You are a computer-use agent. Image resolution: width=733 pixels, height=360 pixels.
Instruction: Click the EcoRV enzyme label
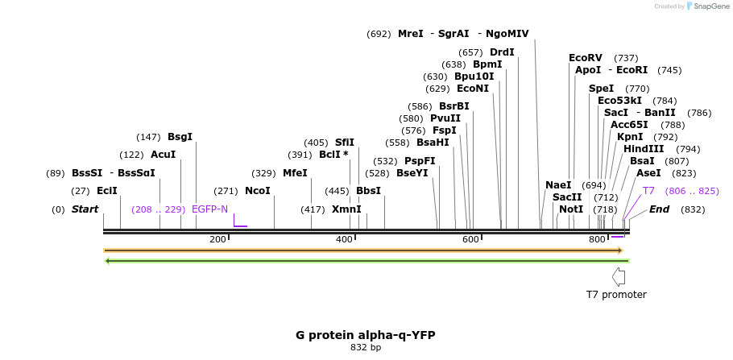tap(586, 58)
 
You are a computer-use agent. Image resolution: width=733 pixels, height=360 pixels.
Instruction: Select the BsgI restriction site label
tap(180, 137)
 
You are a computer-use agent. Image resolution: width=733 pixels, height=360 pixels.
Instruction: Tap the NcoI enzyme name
tap(257, 191)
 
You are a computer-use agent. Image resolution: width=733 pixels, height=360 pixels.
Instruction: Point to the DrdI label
tap(502, 52)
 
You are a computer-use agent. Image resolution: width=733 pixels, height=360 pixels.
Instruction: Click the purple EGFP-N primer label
tap(209, 209)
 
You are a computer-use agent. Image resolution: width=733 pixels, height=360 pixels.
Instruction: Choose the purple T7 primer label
tap(648, 191)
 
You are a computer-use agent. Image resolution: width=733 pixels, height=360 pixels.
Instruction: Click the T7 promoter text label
tap(616, 295)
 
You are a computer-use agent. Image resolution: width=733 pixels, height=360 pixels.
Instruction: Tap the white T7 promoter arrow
tap(619, 276)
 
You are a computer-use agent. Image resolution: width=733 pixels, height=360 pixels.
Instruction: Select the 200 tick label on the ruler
tap(217, 239)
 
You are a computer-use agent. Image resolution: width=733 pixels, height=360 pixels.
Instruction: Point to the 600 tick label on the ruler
tap(470, 239)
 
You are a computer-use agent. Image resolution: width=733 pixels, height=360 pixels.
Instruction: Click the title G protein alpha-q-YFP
tap(366, 335)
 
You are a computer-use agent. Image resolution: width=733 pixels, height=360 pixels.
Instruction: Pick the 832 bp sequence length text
tap(366, 348)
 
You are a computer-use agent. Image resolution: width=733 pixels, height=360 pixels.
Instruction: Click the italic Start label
tap(85, 209)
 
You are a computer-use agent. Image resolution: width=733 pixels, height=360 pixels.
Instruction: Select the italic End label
tap(660, 209)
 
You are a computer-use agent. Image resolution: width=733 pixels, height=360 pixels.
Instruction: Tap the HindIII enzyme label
tap(644, 149)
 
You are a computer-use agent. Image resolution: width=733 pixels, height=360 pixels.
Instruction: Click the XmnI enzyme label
tap(346, 209)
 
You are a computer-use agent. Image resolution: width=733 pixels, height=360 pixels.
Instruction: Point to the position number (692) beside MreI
tap(379, 34)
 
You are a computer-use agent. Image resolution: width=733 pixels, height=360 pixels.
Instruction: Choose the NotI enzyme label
tap(571, 209)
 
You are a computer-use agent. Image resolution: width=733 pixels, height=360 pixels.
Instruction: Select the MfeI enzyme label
tap(295, 173)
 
